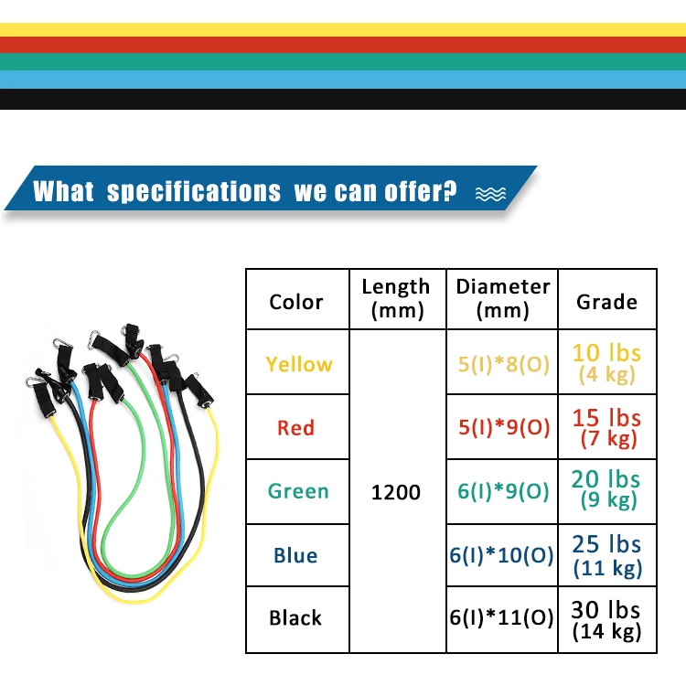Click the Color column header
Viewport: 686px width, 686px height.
(296, 301)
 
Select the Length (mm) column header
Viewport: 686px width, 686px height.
(395, 298)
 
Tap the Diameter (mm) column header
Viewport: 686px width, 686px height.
(503, 298)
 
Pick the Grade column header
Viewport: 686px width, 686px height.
(607, 301)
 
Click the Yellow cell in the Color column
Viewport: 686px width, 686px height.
(299, 364)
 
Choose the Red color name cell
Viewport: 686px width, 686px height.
(296, 427)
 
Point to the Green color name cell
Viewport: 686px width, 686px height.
(298, 491)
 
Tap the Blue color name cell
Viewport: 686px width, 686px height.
(295, 555)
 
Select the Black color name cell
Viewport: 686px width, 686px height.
(295, 618)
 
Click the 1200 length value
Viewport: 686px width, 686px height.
(396, 492)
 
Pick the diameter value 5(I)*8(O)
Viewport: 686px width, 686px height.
(503, 364)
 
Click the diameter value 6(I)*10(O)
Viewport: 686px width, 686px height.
(501, 555)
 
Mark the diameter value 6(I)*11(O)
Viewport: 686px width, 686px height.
(503, 618)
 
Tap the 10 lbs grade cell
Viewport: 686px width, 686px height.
(607, 363)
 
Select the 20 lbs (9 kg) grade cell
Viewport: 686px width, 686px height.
(607, 489)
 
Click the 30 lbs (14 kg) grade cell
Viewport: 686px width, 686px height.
(607, 618)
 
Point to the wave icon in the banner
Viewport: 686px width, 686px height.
(490, 192)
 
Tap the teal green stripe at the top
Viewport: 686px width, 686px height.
(343, 61)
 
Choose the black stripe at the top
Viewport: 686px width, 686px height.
(343, 99)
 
